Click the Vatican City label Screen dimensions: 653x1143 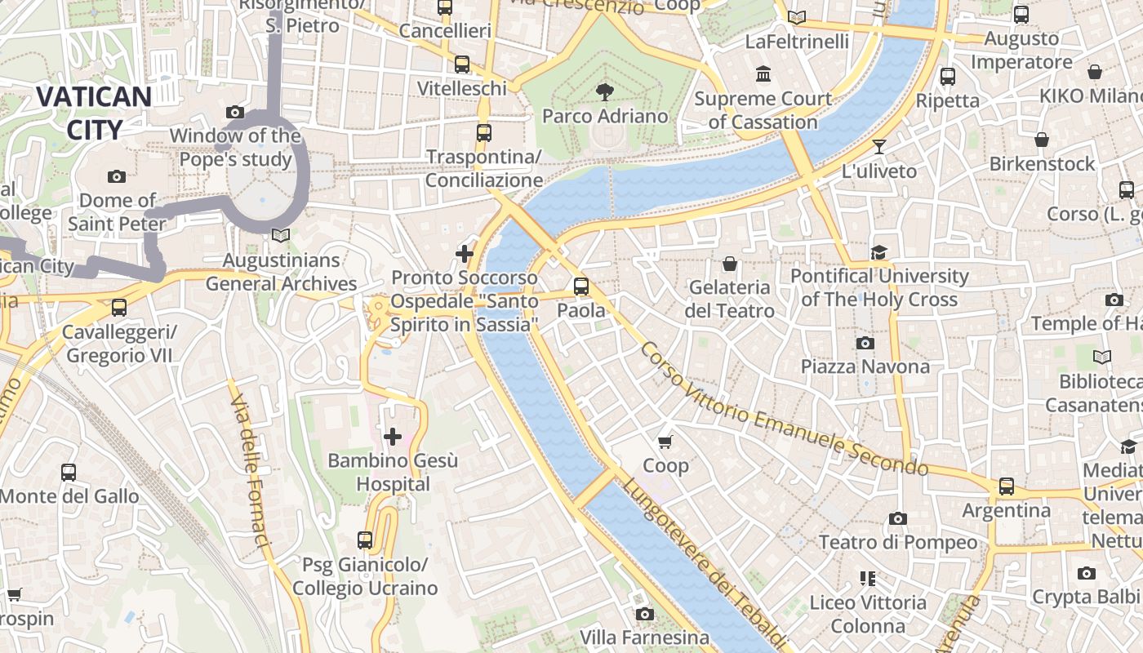click(x=93, y=113)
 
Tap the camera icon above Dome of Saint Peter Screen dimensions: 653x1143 click(x=117, y=176)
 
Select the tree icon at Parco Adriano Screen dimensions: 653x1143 click(x=605, y=91)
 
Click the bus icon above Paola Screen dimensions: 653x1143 click(x=581, y=287)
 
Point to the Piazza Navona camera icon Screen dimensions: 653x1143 click(x=865, y=343)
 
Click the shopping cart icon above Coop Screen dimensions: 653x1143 click(x=665, y=442)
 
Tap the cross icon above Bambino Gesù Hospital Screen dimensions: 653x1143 click(x=393, y=437)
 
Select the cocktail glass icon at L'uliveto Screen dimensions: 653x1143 click(x=879, y=147)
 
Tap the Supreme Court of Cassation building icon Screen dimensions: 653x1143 click(x=763, y=75)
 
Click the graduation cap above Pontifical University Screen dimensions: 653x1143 click(x=878, y=252)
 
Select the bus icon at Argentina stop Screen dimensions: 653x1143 click(x=1007, y=486)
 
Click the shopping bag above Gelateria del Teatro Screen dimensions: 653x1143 click(x=730, y=264)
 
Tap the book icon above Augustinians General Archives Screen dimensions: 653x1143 click(x=281, y=236)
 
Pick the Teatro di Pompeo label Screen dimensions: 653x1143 click(x=898, y=542)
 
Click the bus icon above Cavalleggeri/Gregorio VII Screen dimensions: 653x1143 click(x=119, y=308)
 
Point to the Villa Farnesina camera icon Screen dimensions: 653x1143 click(x=644, y=614)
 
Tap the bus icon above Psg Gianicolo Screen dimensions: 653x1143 click(x=365, y=540)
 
